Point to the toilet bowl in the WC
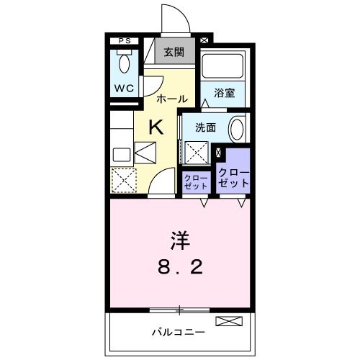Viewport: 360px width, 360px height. (x=123, y=65)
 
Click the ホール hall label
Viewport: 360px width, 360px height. (x=173, y=98)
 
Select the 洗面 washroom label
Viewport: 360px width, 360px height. (x=206, y=127)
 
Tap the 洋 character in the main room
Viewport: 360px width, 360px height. (x=180, y=238)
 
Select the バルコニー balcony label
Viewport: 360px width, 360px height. (x=178, y=332)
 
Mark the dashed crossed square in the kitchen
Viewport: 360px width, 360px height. (x=124, y=179)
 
